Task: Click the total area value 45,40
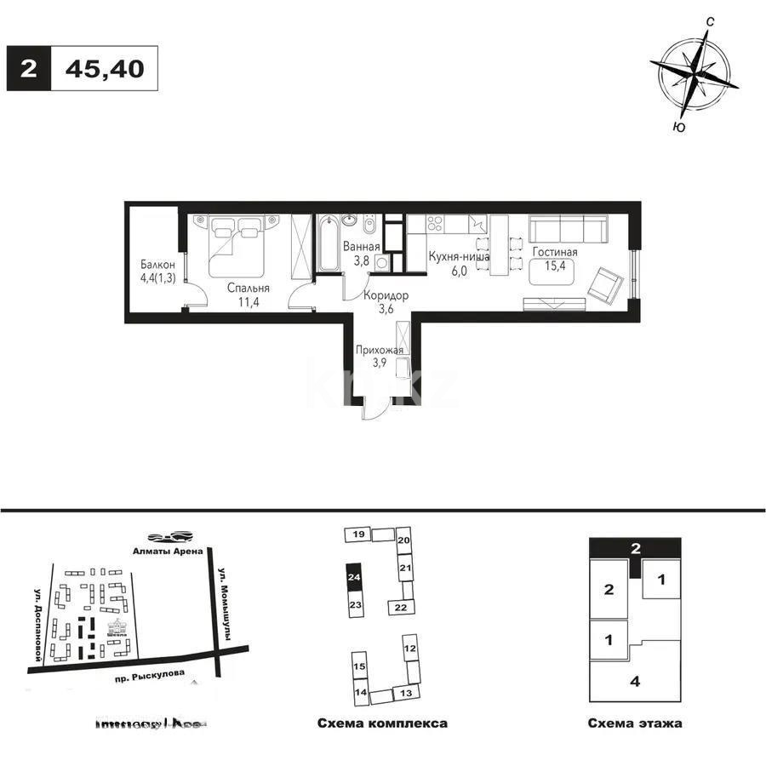(105, 68)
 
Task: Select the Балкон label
(158, 264)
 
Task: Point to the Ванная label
(356, 247)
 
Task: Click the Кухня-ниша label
(459, 255)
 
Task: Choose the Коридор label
(385, 295)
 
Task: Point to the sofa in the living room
(568, 229)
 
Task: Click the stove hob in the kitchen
(434, 226)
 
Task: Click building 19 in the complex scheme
(359, 534)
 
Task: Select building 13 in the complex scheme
(405, 694)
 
